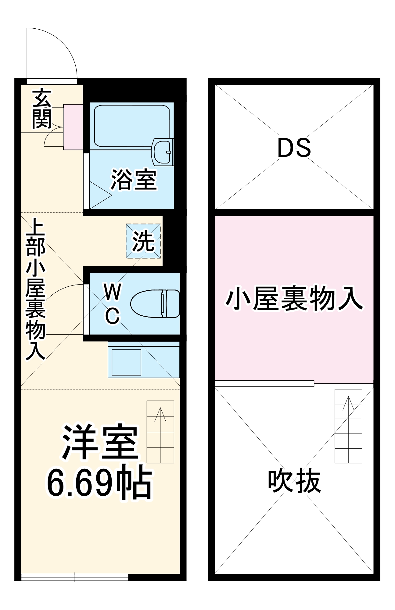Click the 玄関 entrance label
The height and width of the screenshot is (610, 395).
click(42, 109)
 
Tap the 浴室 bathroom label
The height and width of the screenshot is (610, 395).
click(134, 180)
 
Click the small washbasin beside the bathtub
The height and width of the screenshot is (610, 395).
click(162, 152)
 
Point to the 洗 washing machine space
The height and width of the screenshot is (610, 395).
click(143, 241)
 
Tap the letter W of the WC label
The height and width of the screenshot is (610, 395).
click(113, 292)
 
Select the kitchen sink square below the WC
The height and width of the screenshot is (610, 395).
click(126, 362)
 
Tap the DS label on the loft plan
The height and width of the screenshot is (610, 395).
click(294, 148)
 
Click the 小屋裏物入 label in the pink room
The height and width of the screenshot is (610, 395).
click(294, 299)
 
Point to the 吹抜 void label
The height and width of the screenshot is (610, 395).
click(294, 481)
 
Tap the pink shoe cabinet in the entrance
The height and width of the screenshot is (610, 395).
click(73, 127)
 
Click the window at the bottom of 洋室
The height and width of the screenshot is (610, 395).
click(75, 577)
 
